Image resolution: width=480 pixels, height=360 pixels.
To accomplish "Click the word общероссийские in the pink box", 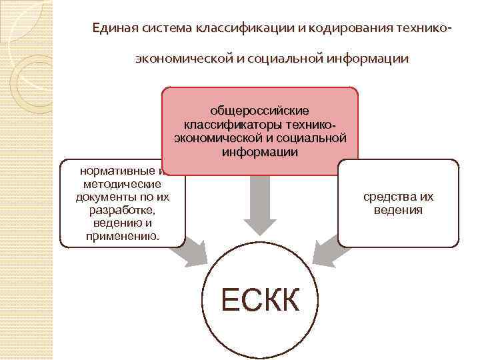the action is (260, 110).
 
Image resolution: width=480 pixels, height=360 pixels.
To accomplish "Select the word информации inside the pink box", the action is (260, 153).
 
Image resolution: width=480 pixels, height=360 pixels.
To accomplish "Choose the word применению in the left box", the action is (123, 237).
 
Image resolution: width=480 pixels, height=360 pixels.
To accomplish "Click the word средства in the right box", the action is (385, 197).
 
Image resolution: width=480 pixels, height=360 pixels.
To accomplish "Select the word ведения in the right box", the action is (399, 210).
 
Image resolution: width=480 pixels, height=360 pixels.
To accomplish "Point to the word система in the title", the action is (166, 29).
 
